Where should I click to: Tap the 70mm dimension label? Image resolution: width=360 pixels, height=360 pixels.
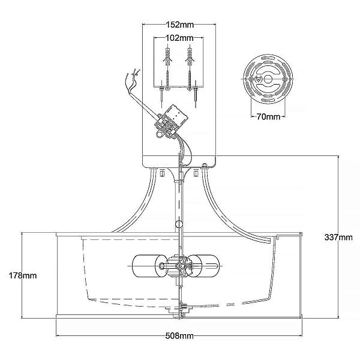point(268,117)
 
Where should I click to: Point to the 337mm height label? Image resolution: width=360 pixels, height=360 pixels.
point(338,237)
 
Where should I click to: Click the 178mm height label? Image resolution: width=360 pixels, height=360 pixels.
point(23,275)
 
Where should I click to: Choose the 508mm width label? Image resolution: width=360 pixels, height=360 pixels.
point(179,336)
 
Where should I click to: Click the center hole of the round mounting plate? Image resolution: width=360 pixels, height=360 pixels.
point(268,79)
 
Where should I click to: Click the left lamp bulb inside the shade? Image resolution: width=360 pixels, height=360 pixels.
point(149,266)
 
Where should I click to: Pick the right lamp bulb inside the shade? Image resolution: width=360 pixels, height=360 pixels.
point(204,266)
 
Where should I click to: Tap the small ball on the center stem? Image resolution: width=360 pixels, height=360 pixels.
point(179,224)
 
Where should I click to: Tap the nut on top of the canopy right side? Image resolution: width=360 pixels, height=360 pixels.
point(205,166)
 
